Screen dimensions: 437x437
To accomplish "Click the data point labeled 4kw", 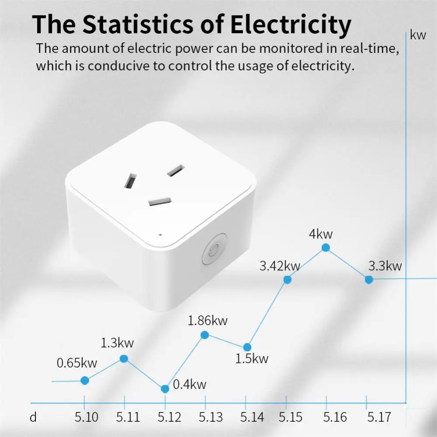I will click(326, 248).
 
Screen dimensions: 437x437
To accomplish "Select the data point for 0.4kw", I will click(165, 388).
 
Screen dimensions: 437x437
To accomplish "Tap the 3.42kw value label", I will click(280, 266).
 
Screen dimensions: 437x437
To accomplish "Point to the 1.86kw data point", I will click(205, 335).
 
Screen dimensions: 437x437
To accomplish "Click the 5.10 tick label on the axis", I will click(86, 417).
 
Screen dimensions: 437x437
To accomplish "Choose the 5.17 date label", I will click(379, 417).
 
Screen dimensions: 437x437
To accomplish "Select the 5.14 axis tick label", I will click(252, 417).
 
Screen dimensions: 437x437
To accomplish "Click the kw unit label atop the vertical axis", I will click(418, 35).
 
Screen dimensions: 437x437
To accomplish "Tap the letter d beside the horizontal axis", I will click(33, 417).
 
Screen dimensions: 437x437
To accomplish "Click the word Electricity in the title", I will click(291, 24).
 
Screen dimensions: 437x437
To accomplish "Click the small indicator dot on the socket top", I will click(160, 235).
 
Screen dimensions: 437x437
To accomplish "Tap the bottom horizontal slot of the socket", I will click(161, 201).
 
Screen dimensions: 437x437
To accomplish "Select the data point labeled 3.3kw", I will click(369, 279).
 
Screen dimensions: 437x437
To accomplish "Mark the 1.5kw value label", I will click(252, 359).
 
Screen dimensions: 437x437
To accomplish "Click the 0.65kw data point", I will click(85, 381).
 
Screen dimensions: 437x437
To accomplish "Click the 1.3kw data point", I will click(124, 358).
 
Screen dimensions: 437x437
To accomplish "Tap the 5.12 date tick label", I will click(169, 417).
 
